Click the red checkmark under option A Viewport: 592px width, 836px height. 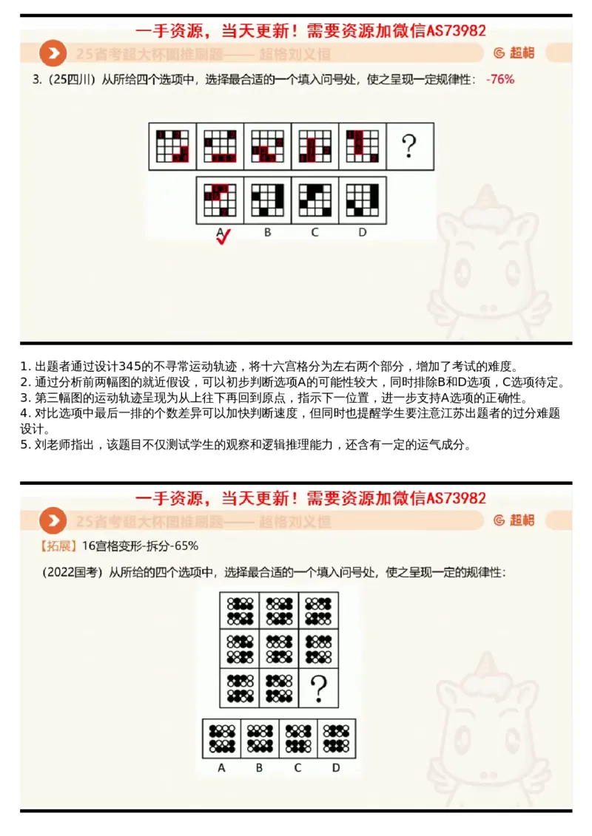[x=223, y=237]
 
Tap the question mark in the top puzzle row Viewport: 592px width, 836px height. [x=409, y=146]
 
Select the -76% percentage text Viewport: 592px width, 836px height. [x=500, y=79]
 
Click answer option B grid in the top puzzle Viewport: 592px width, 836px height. [x=267, y=199]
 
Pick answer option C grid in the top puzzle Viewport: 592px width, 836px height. [x=314, y=199]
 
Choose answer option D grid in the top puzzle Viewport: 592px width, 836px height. [x=363, y=199]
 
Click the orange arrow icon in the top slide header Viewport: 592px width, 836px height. [x=52, y=54]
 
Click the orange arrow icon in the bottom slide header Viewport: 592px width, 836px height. [x=52, y=520]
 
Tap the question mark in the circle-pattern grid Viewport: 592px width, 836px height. [x=319, y=687]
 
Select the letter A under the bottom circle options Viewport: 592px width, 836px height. [x=221, y=768]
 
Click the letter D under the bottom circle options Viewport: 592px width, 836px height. [x=336, y=768]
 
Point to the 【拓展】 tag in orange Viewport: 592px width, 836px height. [x=58, y=546]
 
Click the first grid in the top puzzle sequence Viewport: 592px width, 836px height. [x=172, y=146]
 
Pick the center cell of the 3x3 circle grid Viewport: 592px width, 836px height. [x=280, y=648]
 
